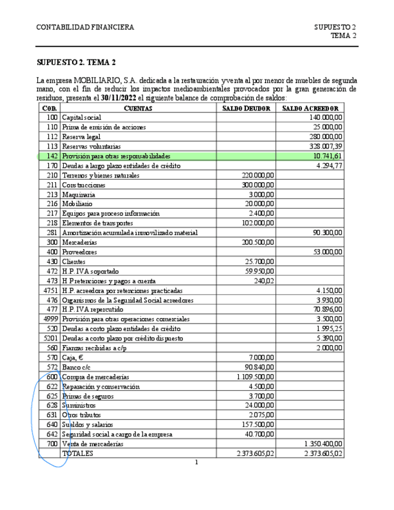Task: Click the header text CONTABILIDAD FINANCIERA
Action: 85,28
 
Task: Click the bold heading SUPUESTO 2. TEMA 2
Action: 76,63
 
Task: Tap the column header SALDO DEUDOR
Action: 246,108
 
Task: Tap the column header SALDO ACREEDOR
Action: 310,108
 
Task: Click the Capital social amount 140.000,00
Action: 325,118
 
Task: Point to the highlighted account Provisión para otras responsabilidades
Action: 117,156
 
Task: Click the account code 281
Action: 52,233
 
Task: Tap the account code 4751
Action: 50,290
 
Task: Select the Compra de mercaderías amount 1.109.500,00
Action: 256,377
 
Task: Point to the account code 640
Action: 52,425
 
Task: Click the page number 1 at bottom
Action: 196,462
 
